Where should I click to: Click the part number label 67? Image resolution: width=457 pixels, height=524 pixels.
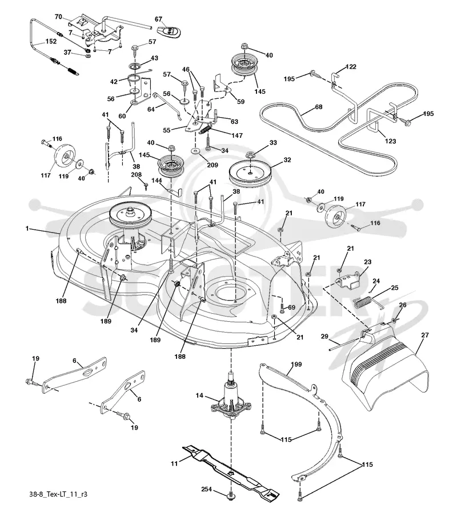coord(158,19)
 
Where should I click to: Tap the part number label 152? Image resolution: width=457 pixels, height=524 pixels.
coord(51,42)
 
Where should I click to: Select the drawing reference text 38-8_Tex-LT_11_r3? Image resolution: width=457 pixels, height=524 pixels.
coord(58,494)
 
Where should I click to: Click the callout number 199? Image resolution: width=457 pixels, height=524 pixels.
coord(296,364)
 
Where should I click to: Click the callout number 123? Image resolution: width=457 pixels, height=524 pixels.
coord(390,141)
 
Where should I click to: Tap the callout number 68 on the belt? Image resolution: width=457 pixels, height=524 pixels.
coord(318,107)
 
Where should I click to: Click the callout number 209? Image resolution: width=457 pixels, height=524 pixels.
coord(212,165)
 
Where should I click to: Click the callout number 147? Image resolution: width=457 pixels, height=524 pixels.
coord(236,135)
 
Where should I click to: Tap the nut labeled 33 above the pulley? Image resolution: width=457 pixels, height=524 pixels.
coord(250,155)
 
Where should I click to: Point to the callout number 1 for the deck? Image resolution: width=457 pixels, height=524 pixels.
coord(27,229)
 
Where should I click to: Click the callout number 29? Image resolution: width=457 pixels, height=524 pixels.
coord(324,337)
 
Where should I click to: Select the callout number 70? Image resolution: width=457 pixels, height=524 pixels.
coord(58,17)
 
